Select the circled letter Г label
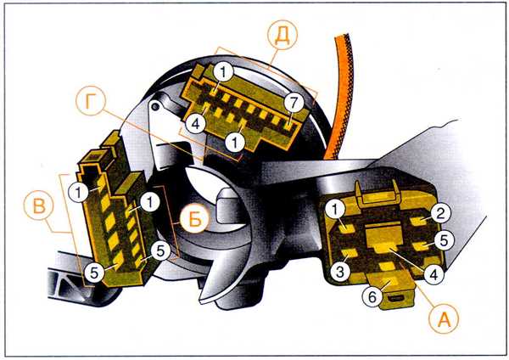tap(91, 101)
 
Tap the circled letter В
tap(38, 205)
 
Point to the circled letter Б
tap(194, 219)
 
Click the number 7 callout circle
tap(294, 103)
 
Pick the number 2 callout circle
tap(440, 213)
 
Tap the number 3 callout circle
tap(340, 270)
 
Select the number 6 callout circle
tap(372, 296)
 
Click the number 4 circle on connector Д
tap(196, 123)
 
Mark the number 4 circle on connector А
tap(433, 274)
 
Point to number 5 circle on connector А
tap(444, 240)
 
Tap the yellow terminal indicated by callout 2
tap(419, 222)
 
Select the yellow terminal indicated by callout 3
tap(349, 252)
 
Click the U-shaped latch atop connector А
tap(378, 194)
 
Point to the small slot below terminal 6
tap(395, 298)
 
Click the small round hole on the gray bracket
tap(156, 106)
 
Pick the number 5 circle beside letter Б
tap(160, 250)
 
